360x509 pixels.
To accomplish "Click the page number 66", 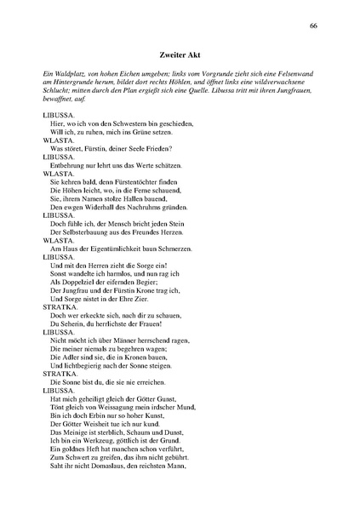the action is point(314,26).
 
